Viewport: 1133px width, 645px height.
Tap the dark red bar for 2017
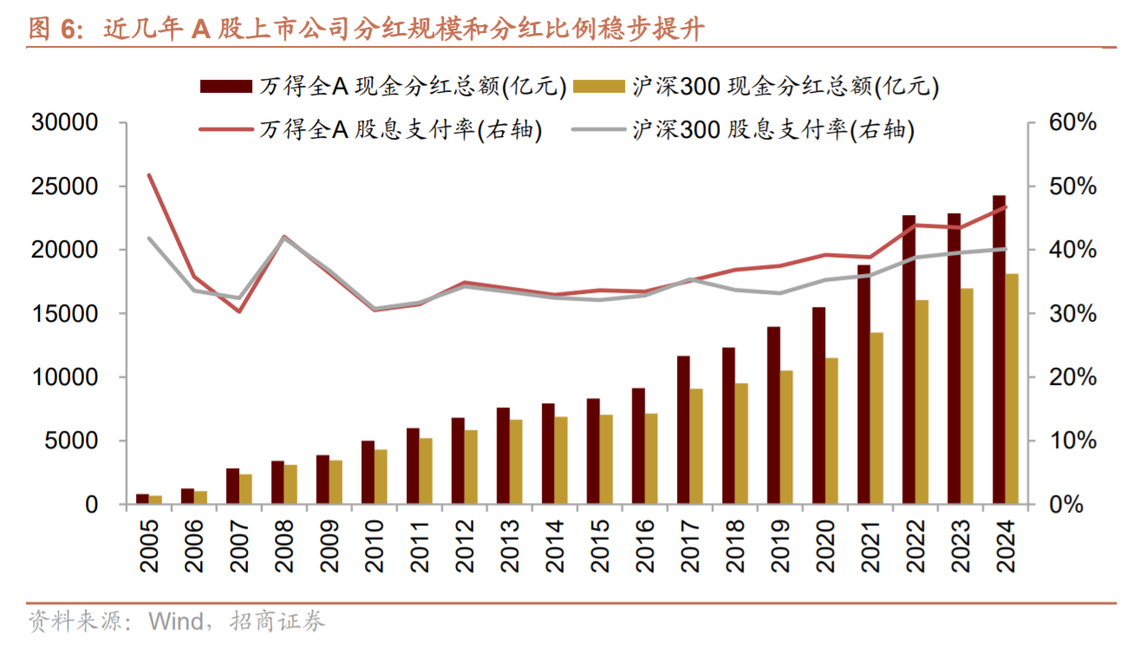point(683,430)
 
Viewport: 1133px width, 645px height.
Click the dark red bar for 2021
point(863,384)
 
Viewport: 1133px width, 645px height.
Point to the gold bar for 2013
point(516,462)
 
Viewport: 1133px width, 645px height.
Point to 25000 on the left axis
point(66,186)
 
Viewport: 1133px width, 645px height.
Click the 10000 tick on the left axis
point(66,377)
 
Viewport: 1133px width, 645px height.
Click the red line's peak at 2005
point(149,175)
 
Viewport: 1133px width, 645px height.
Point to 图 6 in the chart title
point(52,30)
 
